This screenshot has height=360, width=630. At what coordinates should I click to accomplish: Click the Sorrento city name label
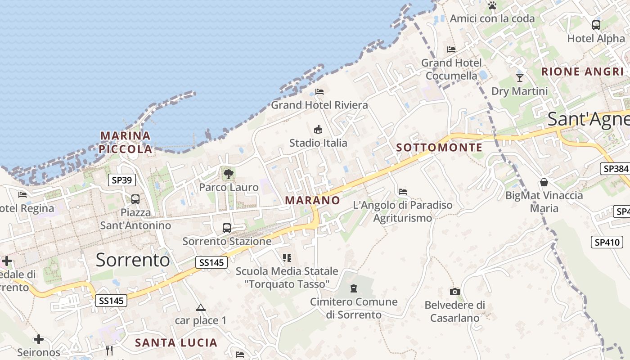point(133,260)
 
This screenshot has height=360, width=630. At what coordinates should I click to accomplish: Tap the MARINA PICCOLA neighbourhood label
point(126,142)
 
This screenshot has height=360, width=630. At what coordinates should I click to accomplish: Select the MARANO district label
point(313,200)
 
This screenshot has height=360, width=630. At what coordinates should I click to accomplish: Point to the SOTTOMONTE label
point(439,148)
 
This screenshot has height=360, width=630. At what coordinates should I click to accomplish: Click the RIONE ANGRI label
point(582,72)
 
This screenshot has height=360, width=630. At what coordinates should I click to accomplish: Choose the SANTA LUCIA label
point(176,342)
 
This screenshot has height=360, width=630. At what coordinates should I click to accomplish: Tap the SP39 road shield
point(122,180)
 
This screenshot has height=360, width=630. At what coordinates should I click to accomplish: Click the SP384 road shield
point(615,169)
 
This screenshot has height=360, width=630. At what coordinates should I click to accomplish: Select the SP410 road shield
point(607,242)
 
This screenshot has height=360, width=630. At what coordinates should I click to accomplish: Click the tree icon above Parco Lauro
point(229,174)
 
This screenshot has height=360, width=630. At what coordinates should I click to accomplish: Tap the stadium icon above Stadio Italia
point(318,130)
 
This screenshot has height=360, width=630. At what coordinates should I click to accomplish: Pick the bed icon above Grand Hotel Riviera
point(319,92)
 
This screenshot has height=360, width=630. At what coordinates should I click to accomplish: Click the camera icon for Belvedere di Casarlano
point(455,292)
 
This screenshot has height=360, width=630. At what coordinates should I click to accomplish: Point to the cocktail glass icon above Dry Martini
point(520,77)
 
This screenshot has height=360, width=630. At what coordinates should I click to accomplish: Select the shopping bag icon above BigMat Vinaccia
point(544,182)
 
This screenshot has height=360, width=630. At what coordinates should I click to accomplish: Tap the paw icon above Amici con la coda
point(492,6)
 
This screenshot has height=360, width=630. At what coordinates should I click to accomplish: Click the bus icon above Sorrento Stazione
point(227,228)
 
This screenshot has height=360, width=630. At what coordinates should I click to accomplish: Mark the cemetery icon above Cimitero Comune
point(354,288)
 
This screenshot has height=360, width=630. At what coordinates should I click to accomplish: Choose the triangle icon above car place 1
point(201,308)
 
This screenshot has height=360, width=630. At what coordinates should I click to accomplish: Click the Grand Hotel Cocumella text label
point(451,69)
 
